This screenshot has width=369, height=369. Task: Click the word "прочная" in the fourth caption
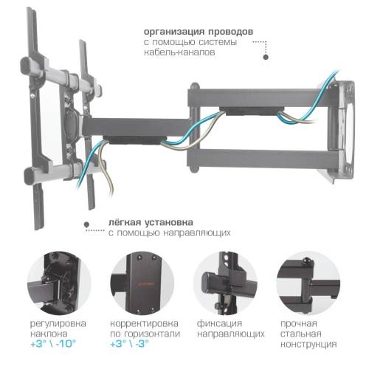click(x=297, y=323)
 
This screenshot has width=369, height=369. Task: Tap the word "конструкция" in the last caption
click(x=308, y=344)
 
